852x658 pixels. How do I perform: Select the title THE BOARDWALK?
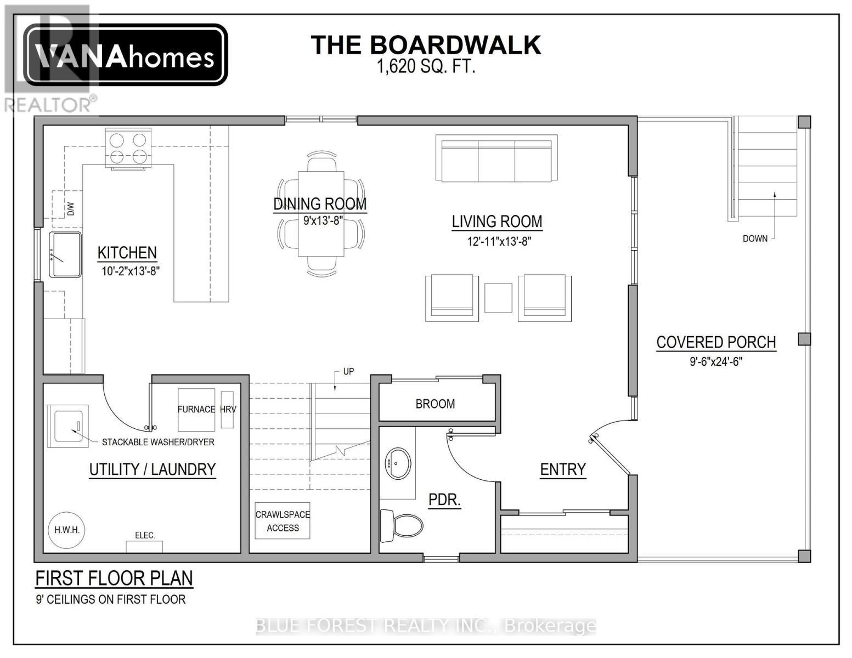(x=426, y=45)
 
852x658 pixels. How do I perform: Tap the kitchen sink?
(x=65, y=254)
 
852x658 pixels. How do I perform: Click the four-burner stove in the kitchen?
(x=128, y=149)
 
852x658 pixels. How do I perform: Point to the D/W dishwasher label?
(x=71, y=209)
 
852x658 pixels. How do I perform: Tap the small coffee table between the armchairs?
(x=498, y=298)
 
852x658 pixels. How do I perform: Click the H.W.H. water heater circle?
(x=67, y=530)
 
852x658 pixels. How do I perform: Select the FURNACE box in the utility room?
(x=196, y=410)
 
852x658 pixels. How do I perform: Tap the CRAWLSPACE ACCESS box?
(x=283, y=521)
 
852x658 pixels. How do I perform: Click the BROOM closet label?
(x=435, y=404)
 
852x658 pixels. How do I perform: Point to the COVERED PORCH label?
(x=716, y=342)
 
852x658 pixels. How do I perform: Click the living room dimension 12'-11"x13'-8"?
(x=499, y=241)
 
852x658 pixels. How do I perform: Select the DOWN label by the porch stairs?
(x=755, y=239)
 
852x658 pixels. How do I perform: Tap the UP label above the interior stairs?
(x=348, y=371)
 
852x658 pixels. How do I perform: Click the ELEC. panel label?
(x=145, y=535)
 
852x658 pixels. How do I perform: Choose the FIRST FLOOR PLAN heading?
(x=114, y=578)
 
